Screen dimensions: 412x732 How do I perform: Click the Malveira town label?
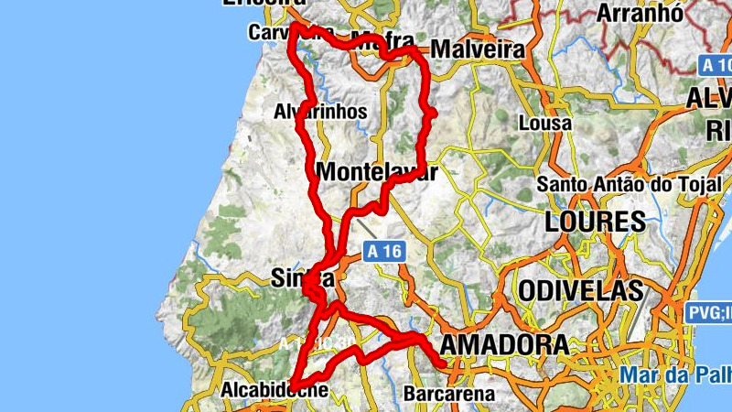click(x=478, y=49)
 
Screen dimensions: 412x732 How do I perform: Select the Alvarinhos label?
click(x=320, y=112)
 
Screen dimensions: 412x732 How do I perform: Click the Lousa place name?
click(x=544, y=123)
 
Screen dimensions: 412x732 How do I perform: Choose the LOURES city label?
click(x=596, y=222)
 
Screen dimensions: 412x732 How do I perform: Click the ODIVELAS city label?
click(x=580, y=291)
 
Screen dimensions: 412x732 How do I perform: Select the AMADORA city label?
click(x=504, y=345)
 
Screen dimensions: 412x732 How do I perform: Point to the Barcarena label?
click(x=449, y=395)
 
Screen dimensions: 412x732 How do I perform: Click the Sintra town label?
click(x=303, y=277)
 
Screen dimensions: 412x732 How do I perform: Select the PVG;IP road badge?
click(x=708, y=313)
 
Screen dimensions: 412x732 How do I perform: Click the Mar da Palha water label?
click(x=675, y=374)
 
